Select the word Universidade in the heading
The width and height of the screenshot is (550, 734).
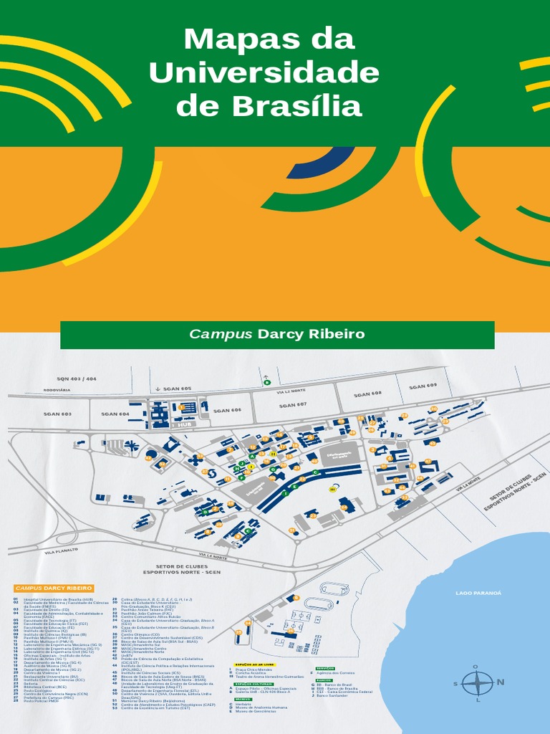tap(264, 72)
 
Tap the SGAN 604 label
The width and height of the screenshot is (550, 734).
tap(115, 414)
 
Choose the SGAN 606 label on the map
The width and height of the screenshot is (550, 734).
tap(227, 410)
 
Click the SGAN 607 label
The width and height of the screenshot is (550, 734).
tap(293, 405)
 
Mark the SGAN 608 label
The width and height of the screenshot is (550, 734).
tap(367, 394)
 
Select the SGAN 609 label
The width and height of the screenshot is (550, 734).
tap(423, 386)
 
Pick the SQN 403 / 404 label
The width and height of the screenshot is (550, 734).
tap(77, 378)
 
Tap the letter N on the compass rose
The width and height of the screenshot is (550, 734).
tap(501, 682)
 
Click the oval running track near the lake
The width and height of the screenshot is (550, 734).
tap(334, 588)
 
